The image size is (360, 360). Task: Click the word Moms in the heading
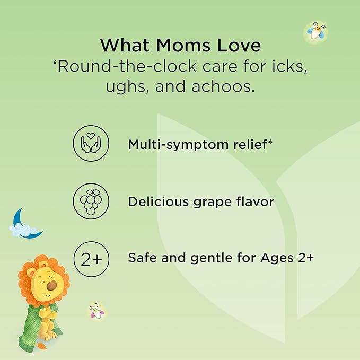pos(183,45)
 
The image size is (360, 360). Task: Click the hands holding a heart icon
pos(91,143)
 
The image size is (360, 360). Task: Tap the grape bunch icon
pos(91,201)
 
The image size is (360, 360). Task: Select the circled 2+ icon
pos(91,259)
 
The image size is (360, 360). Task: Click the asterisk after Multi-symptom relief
pos(270,142)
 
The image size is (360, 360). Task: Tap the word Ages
pos(277,258)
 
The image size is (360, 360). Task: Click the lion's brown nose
pos(51,285)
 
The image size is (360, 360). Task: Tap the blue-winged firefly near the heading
pos(317,31)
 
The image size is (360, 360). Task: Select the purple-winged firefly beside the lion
pos(97,311)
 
